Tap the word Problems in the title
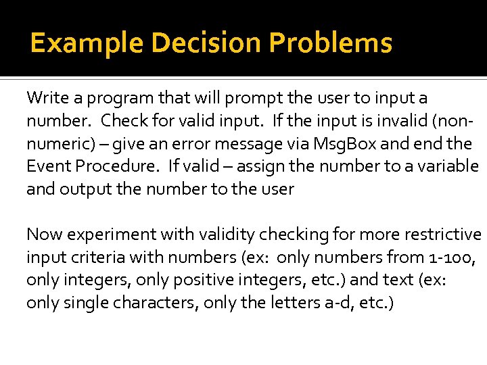(331, 43)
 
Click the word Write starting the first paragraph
(44, 98)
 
